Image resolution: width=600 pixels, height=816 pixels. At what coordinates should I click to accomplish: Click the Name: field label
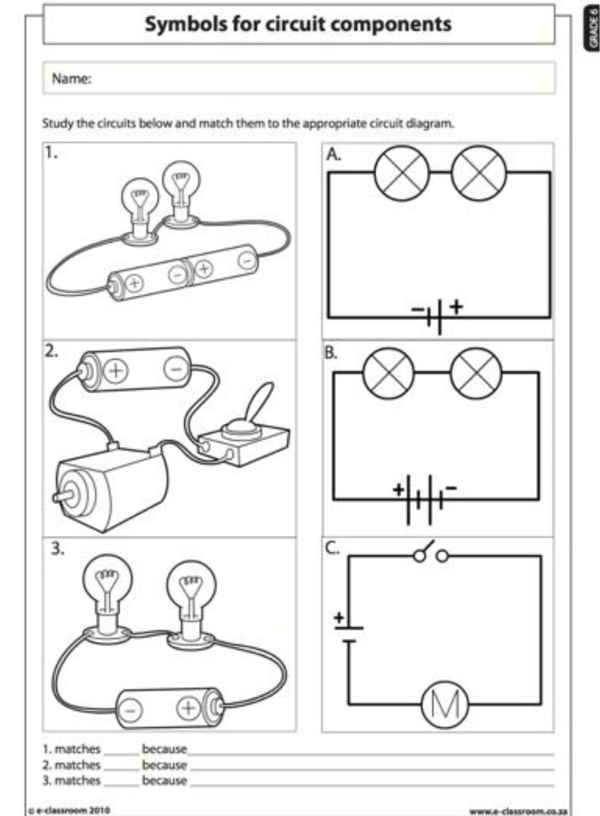(72, 78)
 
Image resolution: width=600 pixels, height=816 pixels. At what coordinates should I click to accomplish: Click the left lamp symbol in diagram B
(388, 373)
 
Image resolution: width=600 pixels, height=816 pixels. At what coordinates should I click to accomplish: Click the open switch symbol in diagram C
(431, 553)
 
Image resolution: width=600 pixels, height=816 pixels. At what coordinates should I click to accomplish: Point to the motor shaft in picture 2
(61, 496)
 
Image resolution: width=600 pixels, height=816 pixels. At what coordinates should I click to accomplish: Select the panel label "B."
(331, 353)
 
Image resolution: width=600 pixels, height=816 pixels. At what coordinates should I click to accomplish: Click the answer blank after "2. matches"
(121, 766)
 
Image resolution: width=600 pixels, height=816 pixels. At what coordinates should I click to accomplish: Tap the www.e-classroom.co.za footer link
(518, 810)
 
